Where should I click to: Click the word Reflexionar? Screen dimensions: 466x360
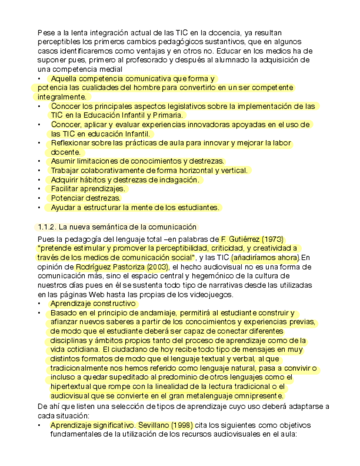tap(73, 143)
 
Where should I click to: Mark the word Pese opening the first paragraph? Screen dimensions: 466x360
tap(46, 33)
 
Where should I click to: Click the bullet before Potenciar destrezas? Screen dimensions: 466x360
tap(39, 198)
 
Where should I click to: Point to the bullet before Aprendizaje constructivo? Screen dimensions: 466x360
tap(39, 303)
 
